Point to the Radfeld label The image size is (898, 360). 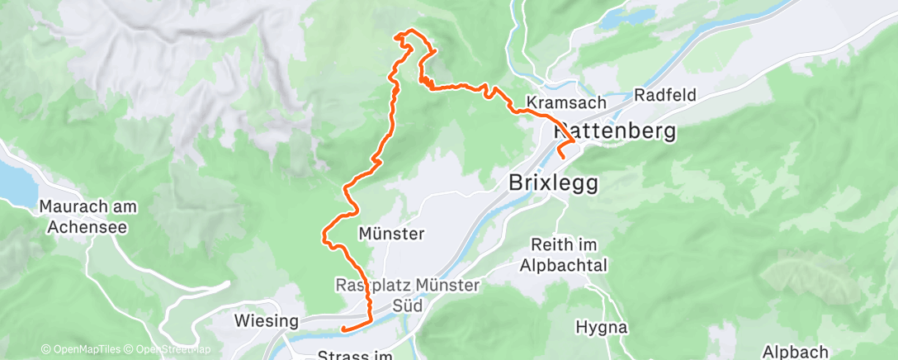[x=665, y=95]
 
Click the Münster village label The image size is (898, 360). [x=391, y=234]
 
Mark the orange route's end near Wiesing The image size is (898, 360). [x=342, y=329]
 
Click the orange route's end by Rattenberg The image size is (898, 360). [x=561, y=155]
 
